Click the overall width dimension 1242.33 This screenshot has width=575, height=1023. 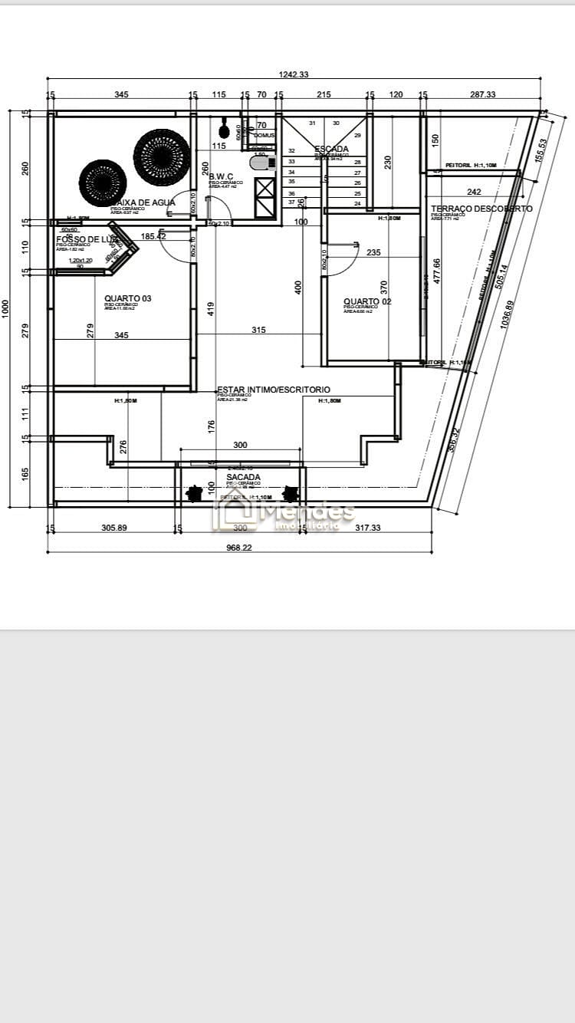[x=294, y=74]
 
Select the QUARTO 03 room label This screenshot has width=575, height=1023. [x=128, y=299]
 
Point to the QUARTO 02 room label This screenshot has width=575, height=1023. [x=367, y=302]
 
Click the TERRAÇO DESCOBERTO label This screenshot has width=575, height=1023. [x=481, y=209]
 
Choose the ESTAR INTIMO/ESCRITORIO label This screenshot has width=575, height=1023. [x=274, y=390]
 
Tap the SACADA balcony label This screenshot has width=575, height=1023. [x=243, y=477]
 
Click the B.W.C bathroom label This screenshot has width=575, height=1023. [x=221, y=176]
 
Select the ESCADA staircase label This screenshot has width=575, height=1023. [x=331, y=150]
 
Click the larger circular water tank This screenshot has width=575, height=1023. [x=162, y=157]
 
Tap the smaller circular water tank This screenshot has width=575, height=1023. [x=102, y=182]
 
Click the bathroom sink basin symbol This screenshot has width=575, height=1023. [x=261, y=163]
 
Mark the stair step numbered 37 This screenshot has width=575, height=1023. [x=291, y=202]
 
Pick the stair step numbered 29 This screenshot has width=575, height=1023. [x=357, y=135]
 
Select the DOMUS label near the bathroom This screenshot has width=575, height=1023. [x=264, y=135]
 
